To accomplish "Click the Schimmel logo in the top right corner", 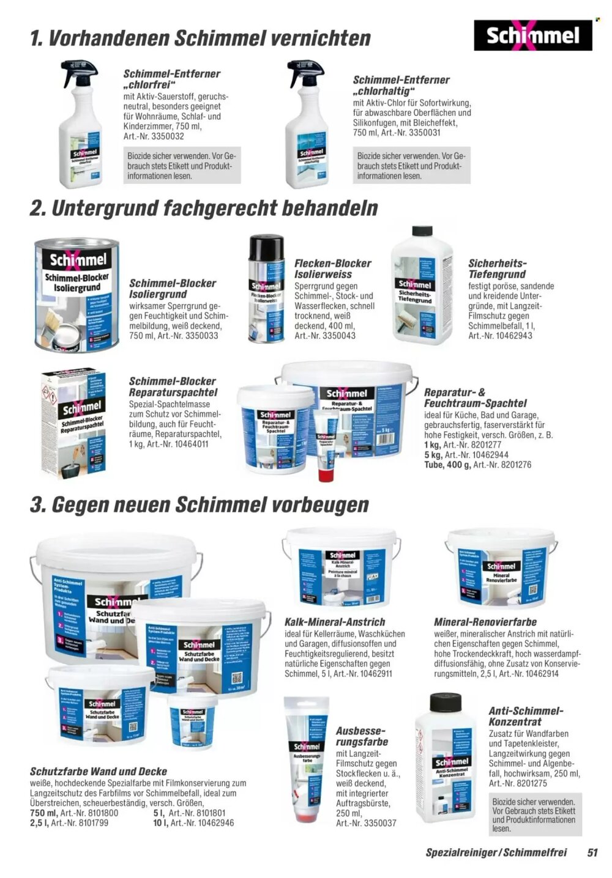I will click(532, 35).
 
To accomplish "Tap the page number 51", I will click(592, 852).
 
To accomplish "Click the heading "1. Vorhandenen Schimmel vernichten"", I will click(200, 39).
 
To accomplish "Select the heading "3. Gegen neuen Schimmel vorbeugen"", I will click(200, 505).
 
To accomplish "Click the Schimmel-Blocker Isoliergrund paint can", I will click(77, 297).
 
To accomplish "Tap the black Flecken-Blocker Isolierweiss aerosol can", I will click(266, 288).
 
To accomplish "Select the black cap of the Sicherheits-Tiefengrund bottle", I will click(422, 232).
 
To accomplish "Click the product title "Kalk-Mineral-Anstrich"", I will click(335, 622).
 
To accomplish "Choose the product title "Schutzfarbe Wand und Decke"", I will click(99, 772).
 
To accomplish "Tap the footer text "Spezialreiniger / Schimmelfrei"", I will click(496, 852).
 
